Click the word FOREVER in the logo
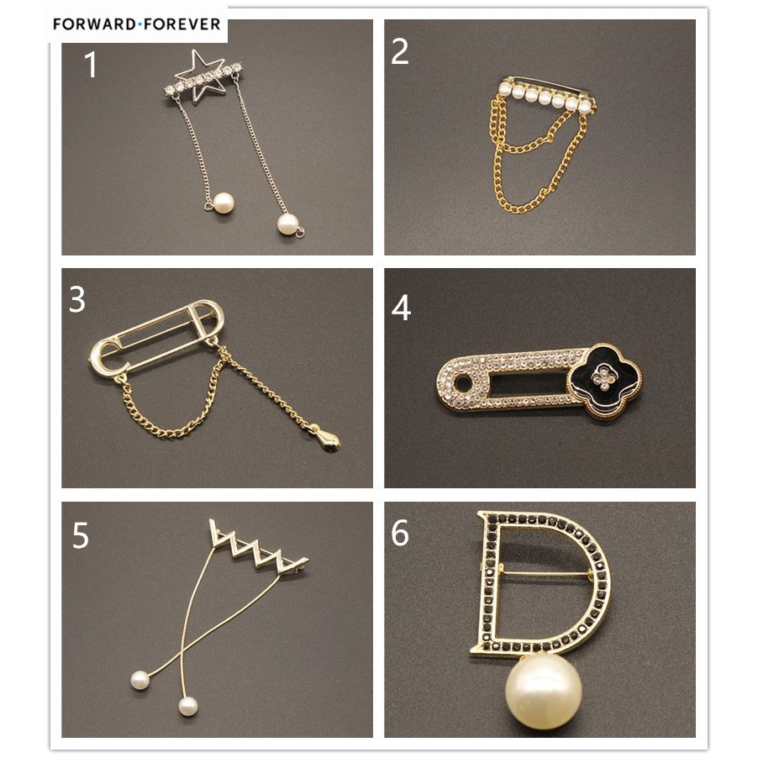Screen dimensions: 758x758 click(180, 24)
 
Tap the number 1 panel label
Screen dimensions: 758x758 click(91, 65)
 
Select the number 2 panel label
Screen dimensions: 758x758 click(399, 51)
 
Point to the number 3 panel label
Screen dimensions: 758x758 click(77, 300)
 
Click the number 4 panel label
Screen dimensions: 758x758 click(401, 308)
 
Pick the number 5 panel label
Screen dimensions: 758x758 click(80, 535)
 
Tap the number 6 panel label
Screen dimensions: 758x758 click(400, 534)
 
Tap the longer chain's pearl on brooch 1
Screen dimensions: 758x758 click(287, 224)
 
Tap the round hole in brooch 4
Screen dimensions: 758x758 click(463, 383)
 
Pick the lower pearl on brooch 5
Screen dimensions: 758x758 click(187, 706)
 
